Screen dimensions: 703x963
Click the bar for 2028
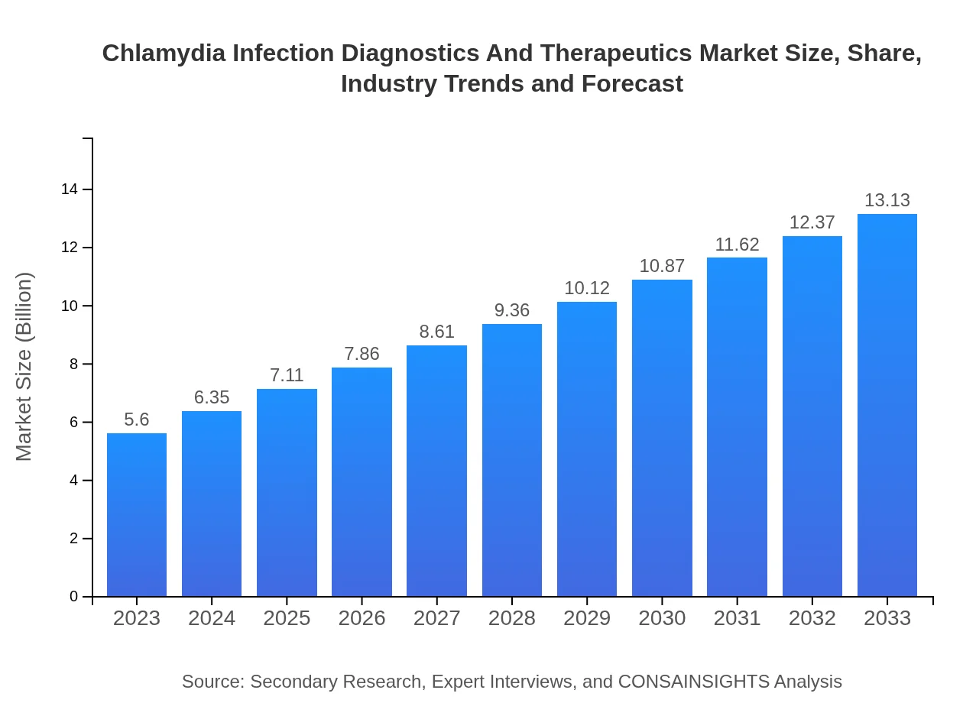(512, 460)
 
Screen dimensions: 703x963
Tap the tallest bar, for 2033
(887, 405)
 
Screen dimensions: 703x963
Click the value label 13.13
(887, 200)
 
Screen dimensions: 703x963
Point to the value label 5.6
(137, 420)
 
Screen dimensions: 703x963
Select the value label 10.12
(587, 288)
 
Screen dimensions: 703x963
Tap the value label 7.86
(362, 354)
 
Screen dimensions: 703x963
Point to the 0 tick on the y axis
(74, 597)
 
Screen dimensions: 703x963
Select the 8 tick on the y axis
(74, 364)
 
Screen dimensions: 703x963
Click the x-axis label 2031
(737, 618)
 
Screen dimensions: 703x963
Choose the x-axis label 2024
(212, 618)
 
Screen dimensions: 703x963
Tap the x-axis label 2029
(587, 618)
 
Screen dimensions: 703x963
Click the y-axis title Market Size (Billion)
(24, 367)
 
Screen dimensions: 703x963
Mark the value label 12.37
(812, 222)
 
